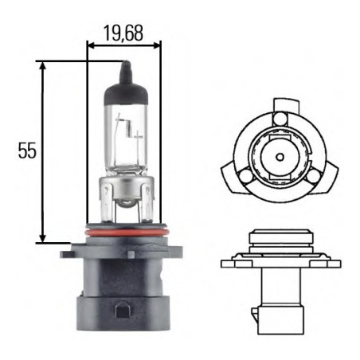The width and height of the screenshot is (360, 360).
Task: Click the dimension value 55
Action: tap(26, 151)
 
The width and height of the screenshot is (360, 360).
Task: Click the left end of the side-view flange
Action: tap(222, 261)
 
